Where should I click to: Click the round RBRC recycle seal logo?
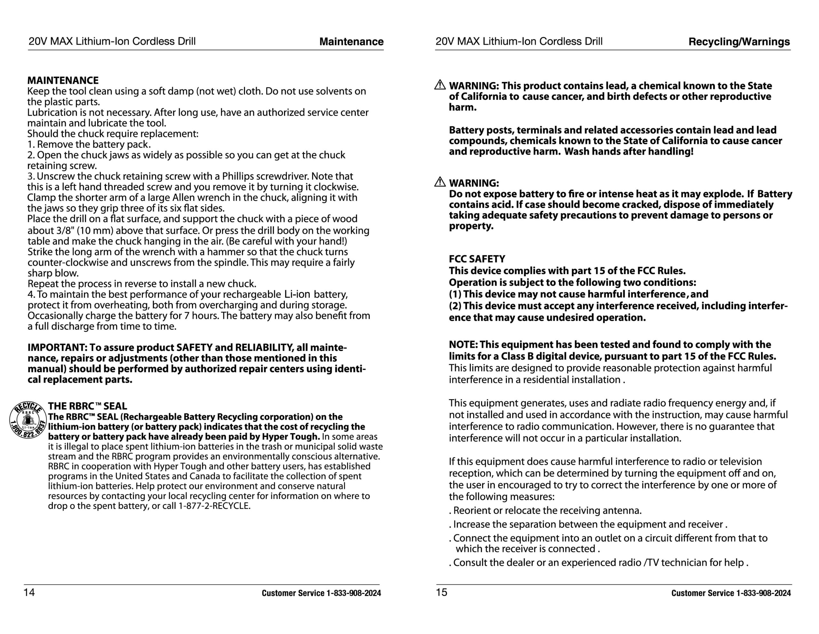[x=28, y=420]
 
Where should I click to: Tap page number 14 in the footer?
[x=29, y=592]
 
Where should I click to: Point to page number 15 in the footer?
[x=441, y=592]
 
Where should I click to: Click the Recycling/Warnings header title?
[x=739, y=42]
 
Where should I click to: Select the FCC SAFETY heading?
[x=477, y=259]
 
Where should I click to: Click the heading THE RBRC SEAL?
[x=87, y=406]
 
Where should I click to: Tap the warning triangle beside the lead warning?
[x=440, y=85]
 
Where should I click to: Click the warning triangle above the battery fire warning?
[x=440, y=182]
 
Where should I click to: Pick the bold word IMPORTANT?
[x=57, y=348]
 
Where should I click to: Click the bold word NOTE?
[x=463, y=345]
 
